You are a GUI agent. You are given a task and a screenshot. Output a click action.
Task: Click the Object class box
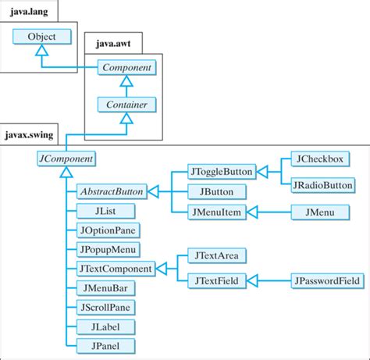(42, 37)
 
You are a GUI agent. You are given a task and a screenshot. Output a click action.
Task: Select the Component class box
(126, 67)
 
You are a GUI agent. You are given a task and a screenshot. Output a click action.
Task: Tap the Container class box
(126, 105)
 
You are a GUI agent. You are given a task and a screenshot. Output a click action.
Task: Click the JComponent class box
(66, 159)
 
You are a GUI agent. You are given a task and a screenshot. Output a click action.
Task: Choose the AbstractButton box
(112, 192)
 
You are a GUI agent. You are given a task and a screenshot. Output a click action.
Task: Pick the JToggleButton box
(222, 172)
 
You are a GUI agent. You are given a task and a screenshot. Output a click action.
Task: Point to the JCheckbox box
(320, 159)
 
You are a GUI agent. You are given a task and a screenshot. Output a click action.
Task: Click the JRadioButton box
(323, 185)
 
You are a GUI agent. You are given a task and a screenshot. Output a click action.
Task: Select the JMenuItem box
(217, 212)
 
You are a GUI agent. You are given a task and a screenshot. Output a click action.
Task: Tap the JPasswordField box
(327, 280)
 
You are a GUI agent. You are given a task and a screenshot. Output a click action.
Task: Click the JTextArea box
(217, 255)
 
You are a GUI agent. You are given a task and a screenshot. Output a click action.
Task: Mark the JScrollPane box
(105, 308)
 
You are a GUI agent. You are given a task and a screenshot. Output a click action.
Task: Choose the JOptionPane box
(108, 230)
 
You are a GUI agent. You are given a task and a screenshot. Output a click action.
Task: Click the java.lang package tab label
(29, 12)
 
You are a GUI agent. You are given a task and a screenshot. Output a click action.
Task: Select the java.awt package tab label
(113, 43)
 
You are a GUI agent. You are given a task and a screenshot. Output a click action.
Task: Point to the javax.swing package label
(29, 135)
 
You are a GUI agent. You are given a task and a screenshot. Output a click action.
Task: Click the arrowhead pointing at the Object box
(42, 50)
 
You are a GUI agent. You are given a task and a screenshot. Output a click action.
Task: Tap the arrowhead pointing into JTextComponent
(162, 269)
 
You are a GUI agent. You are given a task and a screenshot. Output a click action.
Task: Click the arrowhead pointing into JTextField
(252, 280)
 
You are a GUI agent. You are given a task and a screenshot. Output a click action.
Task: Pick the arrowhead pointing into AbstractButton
(153, 192)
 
